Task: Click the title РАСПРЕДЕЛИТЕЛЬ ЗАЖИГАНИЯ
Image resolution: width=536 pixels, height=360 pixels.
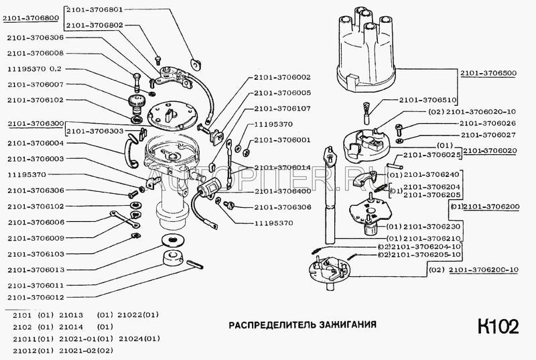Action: click(x=302, y=324)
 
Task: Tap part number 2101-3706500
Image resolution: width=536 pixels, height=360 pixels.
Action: click(x=493, y=72)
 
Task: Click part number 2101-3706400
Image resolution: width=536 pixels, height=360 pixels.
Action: click(x=282, y=191)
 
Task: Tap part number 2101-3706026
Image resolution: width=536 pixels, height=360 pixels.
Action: click(x=487, y=124)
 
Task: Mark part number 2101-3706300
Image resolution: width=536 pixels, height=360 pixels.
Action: click(x=36, y=124)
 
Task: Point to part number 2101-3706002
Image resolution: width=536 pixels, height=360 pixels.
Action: click(x=282, y=77)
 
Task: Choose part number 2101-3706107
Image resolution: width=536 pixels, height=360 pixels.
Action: click(x=282, y=108)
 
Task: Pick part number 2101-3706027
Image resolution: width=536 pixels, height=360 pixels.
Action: click(x=487, y=135)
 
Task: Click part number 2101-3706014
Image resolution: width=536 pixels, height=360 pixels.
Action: click(x=282, y=168)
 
